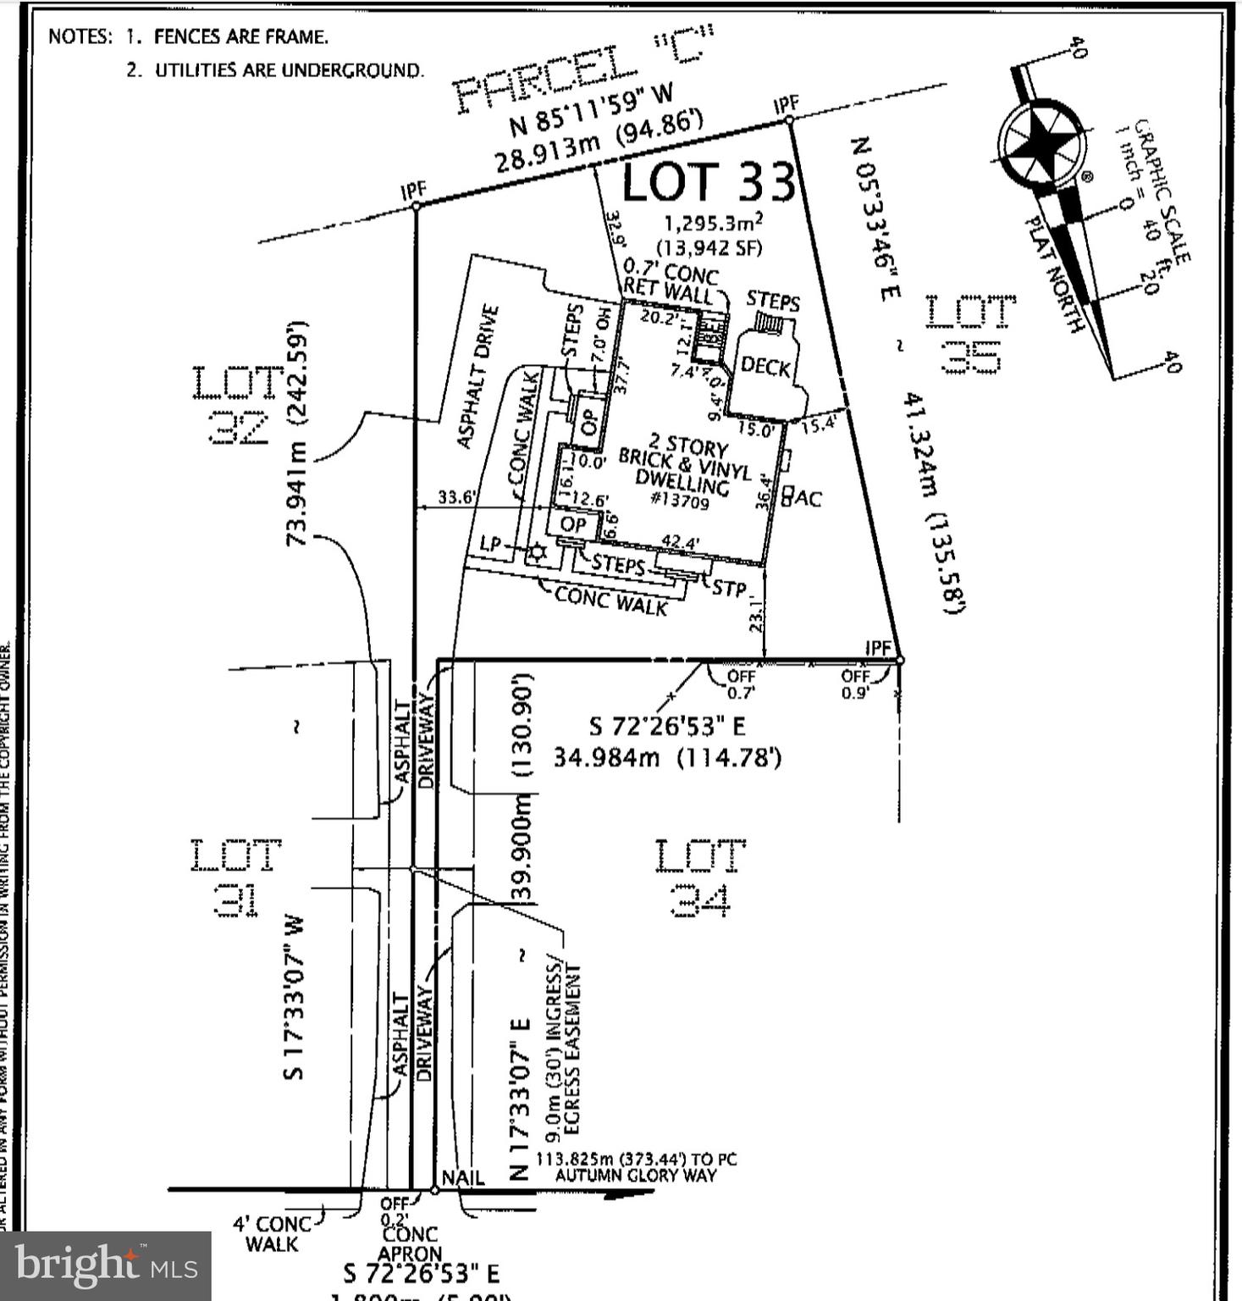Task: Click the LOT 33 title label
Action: coord(709,181)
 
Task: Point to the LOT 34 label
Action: coord(700,877)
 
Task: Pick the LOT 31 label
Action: coord(235,877)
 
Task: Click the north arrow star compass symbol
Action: coord(1041,143)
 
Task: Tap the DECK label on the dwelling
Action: coord(765,366)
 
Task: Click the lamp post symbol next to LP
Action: coord(537,554)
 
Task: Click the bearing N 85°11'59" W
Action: coord(591,111)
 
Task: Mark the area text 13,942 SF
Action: coord(709,248)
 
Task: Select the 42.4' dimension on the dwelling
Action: coord(681,542)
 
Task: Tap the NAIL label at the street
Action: coord(463,1177)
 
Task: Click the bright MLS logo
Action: coord(105,1265)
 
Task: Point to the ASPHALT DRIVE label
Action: coord(477,377)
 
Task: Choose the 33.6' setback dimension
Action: coord(457,497)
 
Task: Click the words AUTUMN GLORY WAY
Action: coord(635,1176)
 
